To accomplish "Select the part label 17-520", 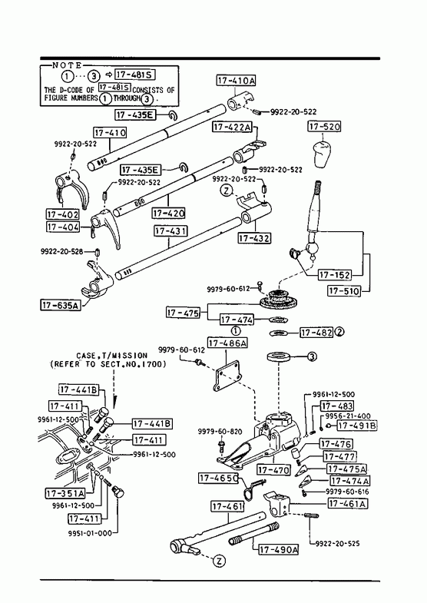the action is [x=324, y=126].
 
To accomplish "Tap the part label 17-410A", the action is [x=236, y=81].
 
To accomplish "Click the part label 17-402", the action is [x=63, y=214].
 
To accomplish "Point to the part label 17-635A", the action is [x=61, y=306].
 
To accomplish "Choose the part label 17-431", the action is [x=170, y=230].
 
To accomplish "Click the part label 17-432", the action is [x=254, y=238].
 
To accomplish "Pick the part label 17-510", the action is [x=344, y=290].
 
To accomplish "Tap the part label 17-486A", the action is [x=227, y=343].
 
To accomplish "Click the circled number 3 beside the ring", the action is [x=312, y=357].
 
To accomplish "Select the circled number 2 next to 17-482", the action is [x=339, y=332].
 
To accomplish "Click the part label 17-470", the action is [x=273, y=469].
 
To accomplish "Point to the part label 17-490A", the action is [x=279, y=549].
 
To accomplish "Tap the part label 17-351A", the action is [x=65, y=493].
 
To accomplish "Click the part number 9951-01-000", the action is [x=90, y=533].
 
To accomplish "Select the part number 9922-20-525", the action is [x=337, y=543].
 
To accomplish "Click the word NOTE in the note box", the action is [x=67, y=65].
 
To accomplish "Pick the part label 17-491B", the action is [x=357, y=426].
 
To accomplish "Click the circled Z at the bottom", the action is [x=219, y=561].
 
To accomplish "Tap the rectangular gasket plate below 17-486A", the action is [x=227, y=376].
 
